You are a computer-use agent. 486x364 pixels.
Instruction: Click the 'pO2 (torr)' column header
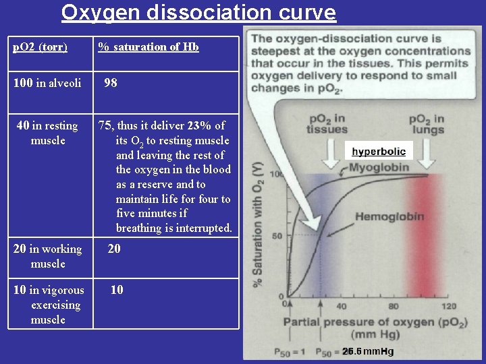pos(40,47)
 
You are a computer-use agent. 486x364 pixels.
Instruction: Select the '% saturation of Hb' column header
pos(148,47)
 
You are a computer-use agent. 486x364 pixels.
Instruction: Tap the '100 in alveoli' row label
pos(47,83)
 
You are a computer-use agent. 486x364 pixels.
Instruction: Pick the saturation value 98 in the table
pos(111,83)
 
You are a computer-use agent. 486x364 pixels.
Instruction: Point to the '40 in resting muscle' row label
pos(47,133)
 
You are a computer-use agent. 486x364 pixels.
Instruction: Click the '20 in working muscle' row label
pos(47,256)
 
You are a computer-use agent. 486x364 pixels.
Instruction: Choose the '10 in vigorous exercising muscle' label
pos(49,305)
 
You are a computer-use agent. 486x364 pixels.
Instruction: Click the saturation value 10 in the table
pos(117,290)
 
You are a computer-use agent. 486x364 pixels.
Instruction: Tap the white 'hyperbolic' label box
pos(379,152)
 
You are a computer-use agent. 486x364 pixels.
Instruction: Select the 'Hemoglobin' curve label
pos(389,216)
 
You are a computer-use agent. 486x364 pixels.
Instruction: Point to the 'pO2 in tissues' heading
pos(327,124)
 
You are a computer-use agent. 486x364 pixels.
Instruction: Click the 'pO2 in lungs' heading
pos(427,124)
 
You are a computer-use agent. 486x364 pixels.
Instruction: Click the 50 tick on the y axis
pos(277,235)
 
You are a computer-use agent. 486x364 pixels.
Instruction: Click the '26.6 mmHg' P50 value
pos(367,351)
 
